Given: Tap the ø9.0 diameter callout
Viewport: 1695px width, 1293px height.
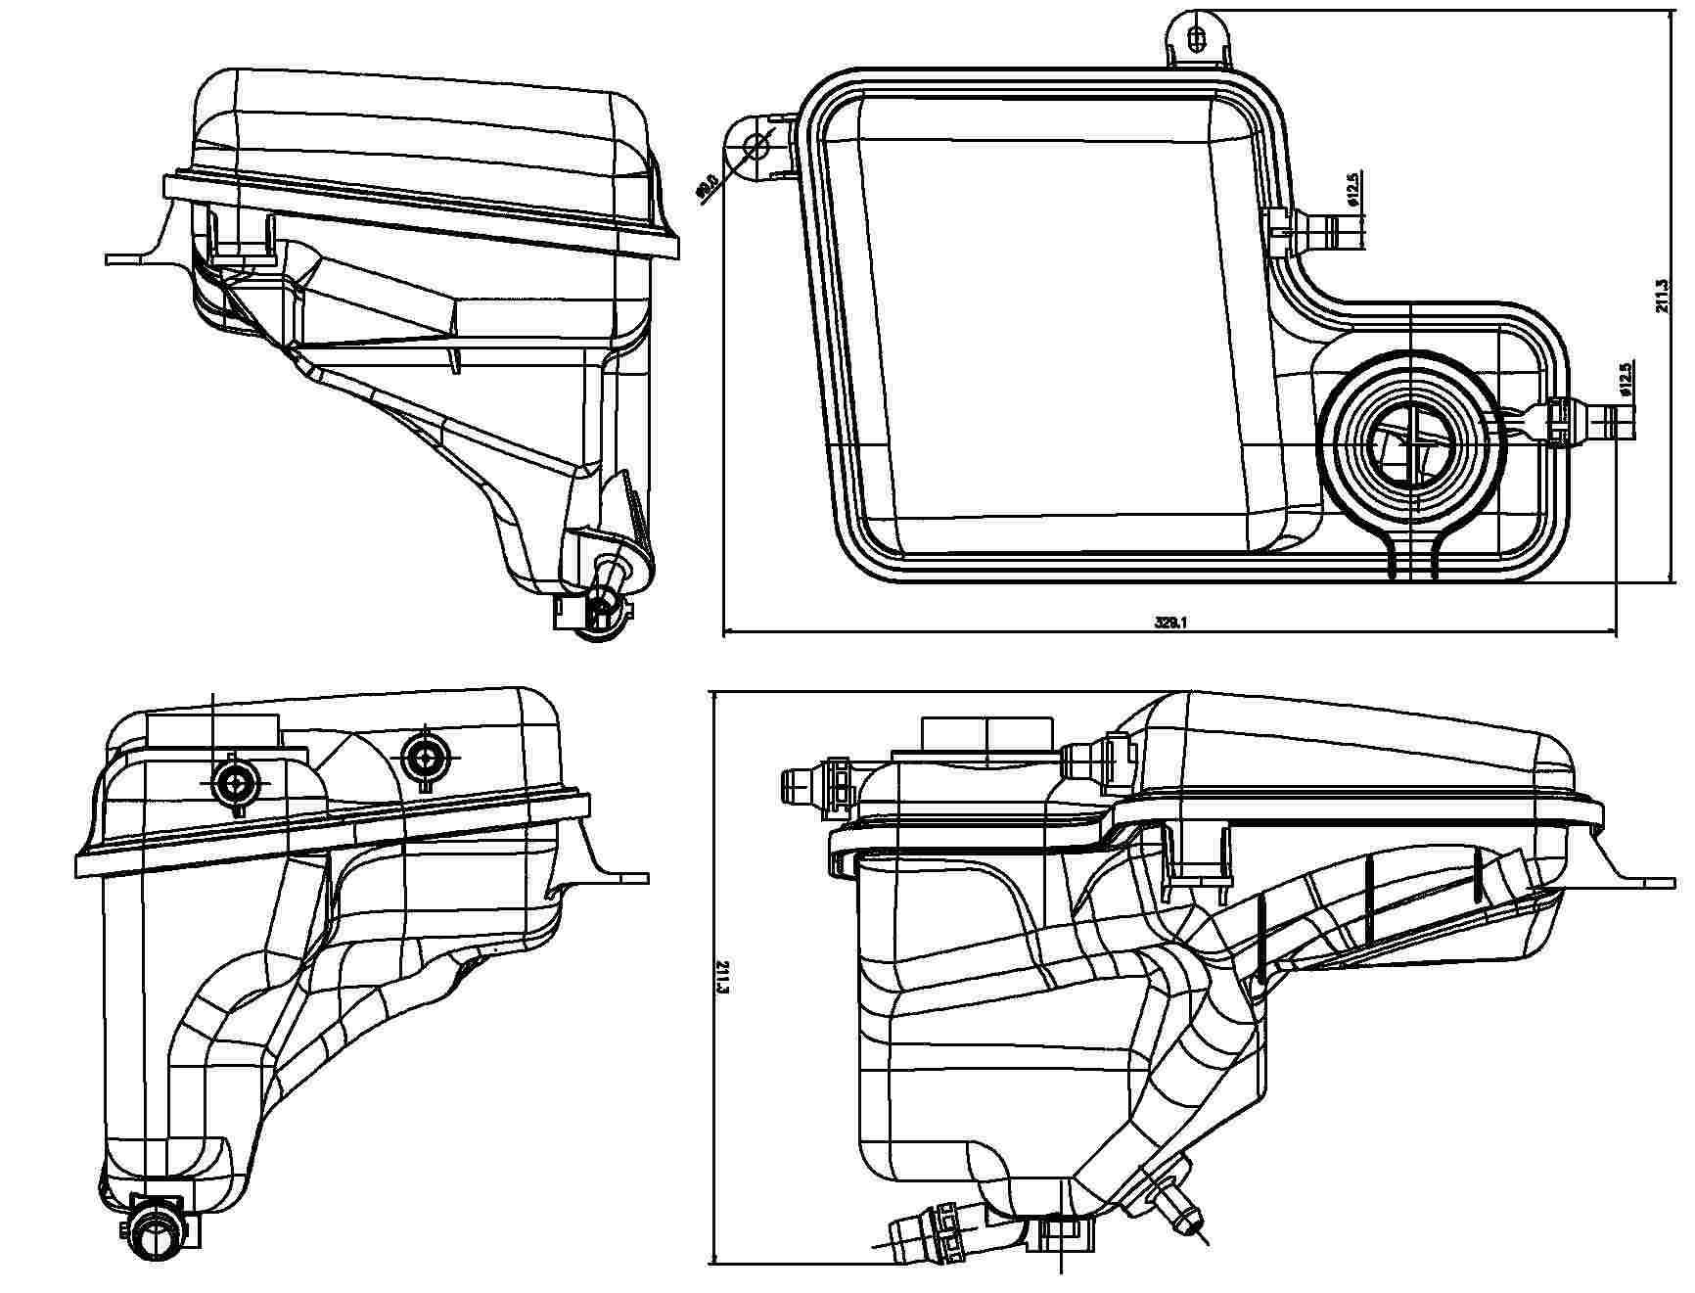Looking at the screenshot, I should (x=707, y=186).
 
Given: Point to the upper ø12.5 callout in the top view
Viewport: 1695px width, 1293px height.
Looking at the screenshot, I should (x=1352, y=189).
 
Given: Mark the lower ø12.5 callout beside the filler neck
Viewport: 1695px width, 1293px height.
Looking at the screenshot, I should (x=1626, y=379).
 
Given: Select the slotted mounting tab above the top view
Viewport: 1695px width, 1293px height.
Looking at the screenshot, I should (x=1197, y=39).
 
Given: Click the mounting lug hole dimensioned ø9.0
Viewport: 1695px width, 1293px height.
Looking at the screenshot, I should (x=756, y=148).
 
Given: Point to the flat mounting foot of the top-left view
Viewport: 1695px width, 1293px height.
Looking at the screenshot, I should (x=132, y=258).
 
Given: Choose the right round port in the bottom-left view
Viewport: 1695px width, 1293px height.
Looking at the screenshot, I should (x=426, y=755).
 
